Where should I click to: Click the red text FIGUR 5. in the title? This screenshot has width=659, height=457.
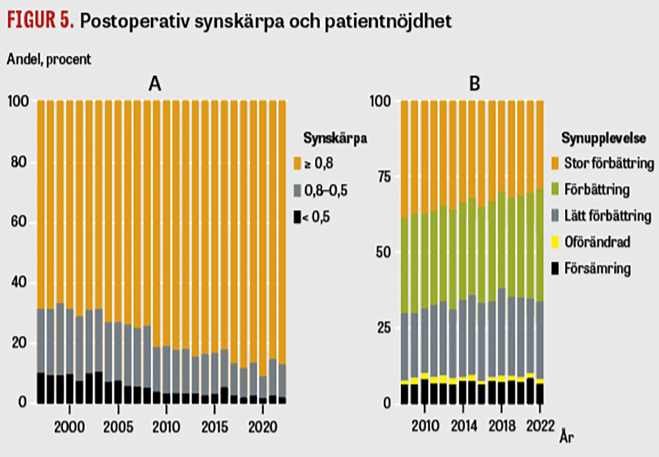(x=41, y=21)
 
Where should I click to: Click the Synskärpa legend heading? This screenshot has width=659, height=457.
(x=335, y=138)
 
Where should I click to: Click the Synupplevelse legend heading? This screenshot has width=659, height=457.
(x=597, y=138)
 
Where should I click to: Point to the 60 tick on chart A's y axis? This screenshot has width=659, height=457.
(x=21, y=222)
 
